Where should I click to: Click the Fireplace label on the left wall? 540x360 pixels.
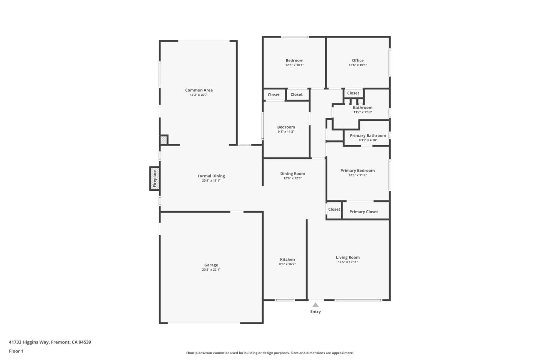point(154,178)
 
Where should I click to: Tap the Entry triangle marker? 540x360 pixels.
point(315,305)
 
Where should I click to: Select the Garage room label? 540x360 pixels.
point(211,265)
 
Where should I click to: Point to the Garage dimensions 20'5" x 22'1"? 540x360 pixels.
point(211,270)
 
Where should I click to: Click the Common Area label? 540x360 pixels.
point(199,90)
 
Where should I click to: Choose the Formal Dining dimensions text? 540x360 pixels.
point(211,181)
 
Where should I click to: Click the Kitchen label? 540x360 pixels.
point(287,259)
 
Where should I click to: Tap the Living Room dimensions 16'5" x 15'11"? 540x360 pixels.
point(348,262)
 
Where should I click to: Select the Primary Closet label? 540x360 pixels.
point(363,212)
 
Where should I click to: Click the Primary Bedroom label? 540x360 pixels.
point(357,171)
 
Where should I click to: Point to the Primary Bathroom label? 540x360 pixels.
point(368,136)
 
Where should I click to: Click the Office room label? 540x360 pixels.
point(358,60)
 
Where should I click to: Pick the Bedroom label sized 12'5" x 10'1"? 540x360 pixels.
point(294,60)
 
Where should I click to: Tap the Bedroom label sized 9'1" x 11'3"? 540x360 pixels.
point(286,127)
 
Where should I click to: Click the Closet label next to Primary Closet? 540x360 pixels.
point(334,210)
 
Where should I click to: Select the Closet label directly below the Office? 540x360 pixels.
point(353,93)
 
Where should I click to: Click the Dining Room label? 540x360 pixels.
point(292,174)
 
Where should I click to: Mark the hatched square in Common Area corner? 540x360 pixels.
point(164,140)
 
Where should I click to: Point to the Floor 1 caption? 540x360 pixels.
point(16,351)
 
